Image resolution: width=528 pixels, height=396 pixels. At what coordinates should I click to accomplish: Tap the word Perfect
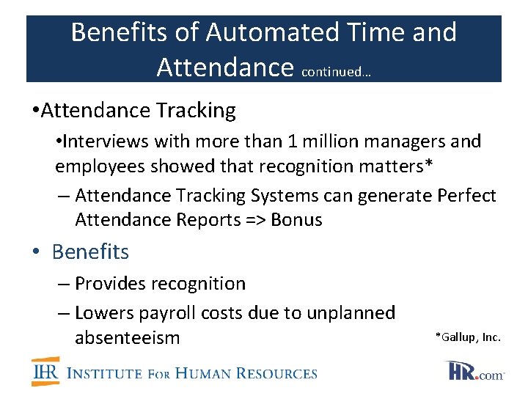(467, 196)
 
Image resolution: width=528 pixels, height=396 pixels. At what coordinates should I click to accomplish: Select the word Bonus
(296, 220)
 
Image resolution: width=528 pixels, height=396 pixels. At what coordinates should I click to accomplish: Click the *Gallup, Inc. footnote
(468, 337)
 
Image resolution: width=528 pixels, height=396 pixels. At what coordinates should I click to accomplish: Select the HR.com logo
(474, 371)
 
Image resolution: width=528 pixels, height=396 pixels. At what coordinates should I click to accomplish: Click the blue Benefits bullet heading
(90, 252)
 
